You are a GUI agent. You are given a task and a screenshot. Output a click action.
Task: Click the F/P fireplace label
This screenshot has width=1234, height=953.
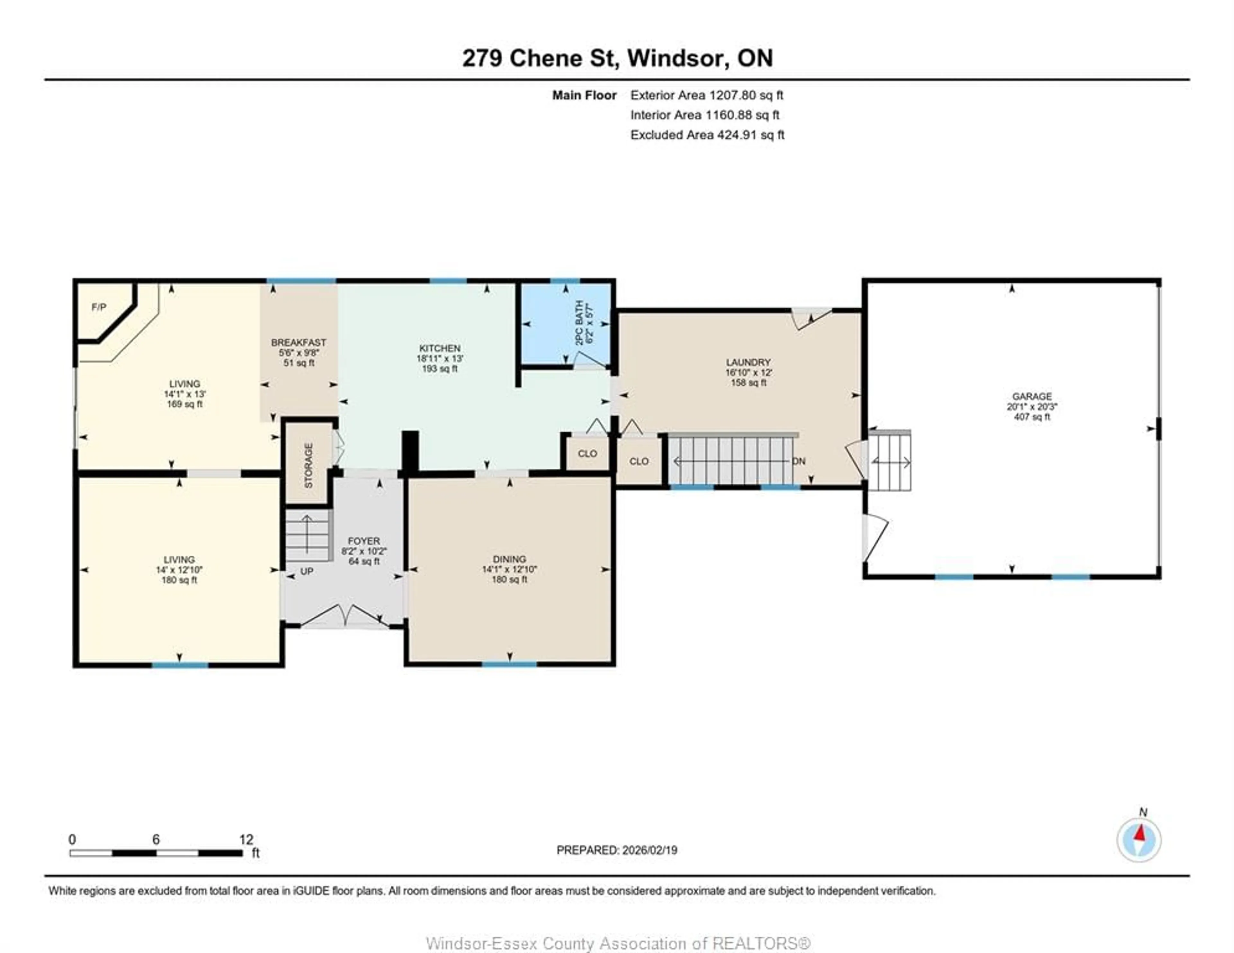[x=99, y=307]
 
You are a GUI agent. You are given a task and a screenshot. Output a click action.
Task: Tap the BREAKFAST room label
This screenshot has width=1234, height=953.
[x=298, y=342]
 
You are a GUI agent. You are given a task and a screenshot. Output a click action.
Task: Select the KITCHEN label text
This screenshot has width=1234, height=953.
[x=440, y=349]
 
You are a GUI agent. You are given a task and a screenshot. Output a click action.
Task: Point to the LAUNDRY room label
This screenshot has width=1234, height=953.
[x=748, y=362]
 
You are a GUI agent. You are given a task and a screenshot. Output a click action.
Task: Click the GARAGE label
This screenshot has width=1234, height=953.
[x=1032, y=397]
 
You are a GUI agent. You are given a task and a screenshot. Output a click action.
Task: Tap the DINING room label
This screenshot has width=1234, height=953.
[x=509, y=559]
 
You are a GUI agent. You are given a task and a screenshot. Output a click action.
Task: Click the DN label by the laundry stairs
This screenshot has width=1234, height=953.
[x=798, y=462]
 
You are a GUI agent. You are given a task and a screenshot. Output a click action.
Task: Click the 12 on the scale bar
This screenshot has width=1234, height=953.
[x=246, y=839]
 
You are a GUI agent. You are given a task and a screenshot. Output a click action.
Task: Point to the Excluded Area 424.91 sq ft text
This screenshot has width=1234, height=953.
[x=707, y=135]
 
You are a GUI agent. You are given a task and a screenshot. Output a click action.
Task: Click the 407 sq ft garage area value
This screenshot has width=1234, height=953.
[x=1032, y=417]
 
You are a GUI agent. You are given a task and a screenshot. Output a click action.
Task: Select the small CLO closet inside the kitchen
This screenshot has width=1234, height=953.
[x=588, y=454]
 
